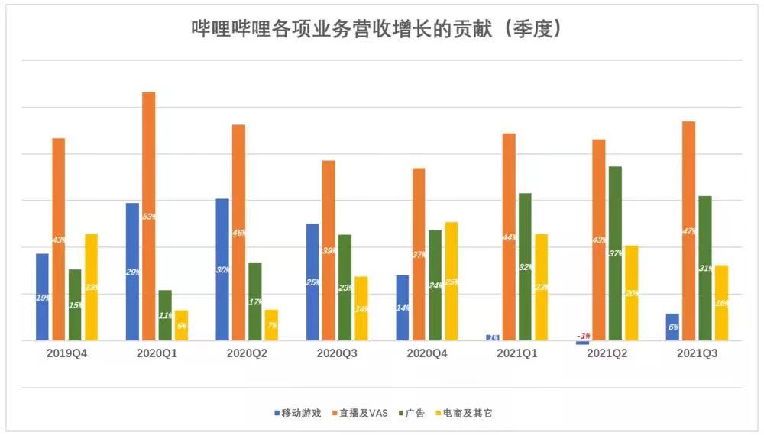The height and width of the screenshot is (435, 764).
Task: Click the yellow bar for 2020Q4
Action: click(451, 281)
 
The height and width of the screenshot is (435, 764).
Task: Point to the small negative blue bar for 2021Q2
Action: click(583, 343)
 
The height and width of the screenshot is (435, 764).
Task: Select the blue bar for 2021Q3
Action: click(672, 327)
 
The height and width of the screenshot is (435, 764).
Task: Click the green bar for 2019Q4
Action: click(74, 304)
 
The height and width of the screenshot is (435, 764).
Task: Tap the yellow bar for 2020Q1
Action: click(181, 325)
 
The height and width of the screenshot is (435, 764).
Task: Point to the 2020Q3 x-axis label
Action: click(337, 355)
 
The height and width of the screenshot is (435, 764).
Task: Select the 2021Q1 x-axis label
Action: click(516, 355)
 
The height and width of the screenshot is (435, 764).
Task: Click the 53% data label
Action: click(149, 217)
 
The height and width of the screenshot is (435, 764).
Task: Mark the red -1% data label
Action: click(584, 336)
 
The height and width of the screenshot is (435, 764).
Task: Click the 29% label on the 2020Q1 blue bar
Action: click(132, 272)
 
